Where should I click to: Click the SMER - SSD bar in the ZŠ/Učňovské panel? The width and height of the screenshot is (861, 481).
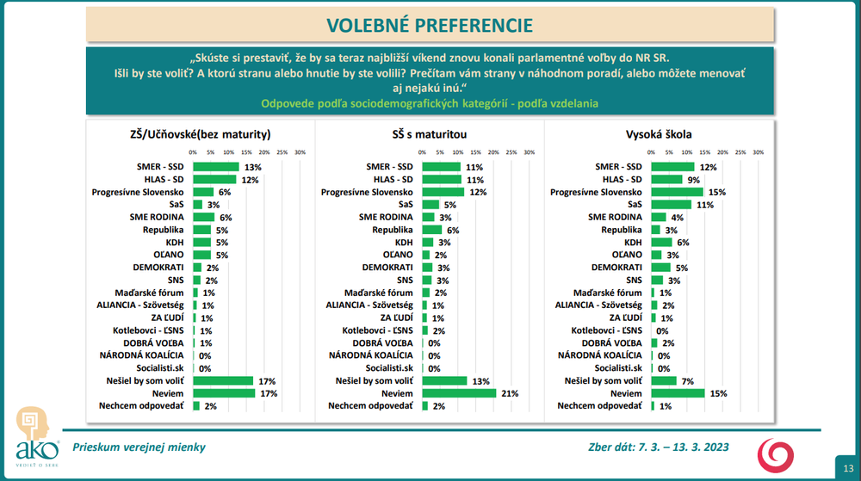pos(216,167)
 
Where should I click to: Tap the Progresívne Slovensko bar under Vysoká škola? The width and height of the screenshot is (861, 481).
pos(677,192)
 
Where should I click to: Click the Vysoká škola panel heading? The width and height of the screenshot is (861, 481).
pos(659,134)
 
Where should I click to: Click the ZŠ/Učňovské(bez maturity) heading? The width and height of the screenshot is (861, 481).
pos(195,134)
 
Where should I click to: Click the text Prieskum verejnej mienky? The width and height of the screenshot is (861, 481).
pos(139,447)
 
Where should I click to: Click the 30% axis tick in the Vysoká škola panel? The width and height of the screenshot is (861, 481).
pos(759,151)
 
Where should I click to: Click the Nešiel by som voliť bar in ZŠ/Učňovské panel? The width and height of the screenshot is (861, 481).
pos(223,380)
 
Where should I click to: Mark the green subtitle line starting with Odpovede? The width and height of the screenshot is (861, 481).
pos(430,103)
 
